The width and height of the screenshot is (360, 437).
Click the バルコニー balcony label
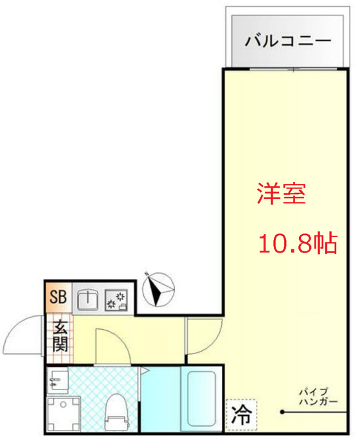[288, 41]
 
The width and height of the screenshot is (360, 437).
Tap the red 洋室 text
[282, 193]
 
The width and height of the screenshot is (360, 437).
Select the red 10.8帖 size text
[298, 244]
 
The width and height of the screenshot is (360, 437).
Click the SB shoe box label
[58, 296]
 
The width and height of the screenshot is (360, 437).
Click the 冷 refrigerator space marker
[242, 415]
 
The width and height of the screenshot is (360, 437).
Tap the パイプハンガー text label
[318, 397]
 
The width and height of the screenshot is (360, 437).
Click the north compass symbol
[158, 289]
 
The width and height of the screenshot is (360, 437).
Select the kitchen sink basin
[87, 300]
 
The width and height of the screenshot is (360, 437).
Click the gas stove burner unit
[116, 300]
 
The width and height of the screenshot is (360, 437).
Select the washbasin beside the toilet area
[57, 380]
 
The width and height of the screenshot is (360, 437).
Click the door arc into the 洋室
[215, 343]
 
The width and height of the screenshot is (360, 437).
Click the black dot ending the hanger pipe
[282, 412]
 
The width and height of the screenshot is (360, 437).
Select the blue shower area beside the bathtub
[160, 398]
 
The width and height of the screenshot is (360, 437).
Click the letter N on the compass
[146, 274]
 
